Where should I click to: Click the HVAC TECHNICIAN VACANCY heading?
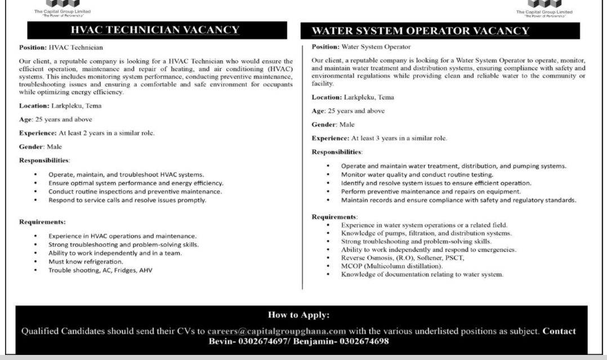pos(154,30)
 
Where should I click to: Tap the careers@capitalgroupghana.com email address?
pos(276,331)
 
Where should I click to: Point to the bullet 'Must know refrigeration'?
pos(86,261)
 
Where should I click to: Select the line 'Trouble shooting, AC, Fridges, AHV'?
pos(100,270)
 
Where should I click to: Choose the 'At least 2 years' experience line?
pos(87,133)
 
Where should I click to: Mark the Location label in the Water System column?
pos(327,97)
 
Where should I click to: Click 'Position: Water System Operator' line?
pos(361,47)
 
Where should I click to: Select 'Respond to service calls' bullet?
pos(127,200)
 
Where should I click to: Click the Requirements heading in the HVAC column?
pos(42,221)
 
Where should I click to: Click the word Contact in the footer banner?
pos(559,331)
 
